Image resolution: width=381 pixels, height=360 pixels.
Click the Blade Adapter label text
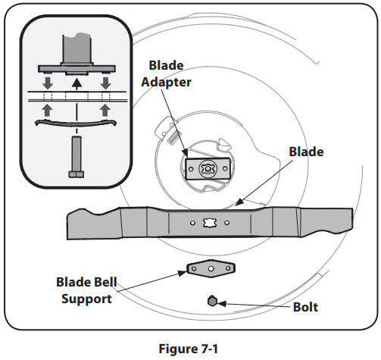(x=166, y=74)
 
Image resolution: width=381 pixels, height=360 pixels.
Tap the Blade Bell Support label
(x=86, y=290)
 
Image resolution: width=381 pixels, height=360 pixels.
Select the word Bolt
(x=305, y=307)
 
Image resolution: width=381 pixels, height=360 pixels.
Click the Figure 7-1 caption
(x=188, y=349)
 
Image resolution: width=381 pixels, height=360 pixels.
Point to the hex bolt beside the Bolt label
(x=212, y=301)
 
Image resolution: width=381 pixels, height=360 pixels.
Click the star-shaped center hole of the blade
(x=210, y=223)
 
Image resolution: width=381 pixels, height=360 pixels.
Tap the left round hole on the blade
(x=192, y=223)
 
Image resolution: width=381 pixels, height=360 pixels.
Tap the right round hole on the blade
(x=226, y=223)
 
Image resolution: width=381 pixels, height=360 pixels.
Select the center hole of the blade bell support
(x=211, y=268)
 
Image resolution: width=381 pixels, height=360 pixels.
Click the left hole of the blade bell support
(x=194, y=268)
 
